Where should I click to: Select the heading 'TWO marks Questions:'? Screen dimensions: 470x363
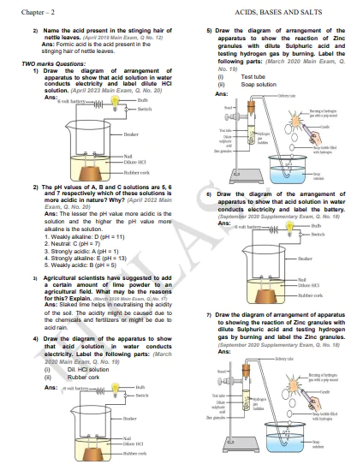tap(50, 62)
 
